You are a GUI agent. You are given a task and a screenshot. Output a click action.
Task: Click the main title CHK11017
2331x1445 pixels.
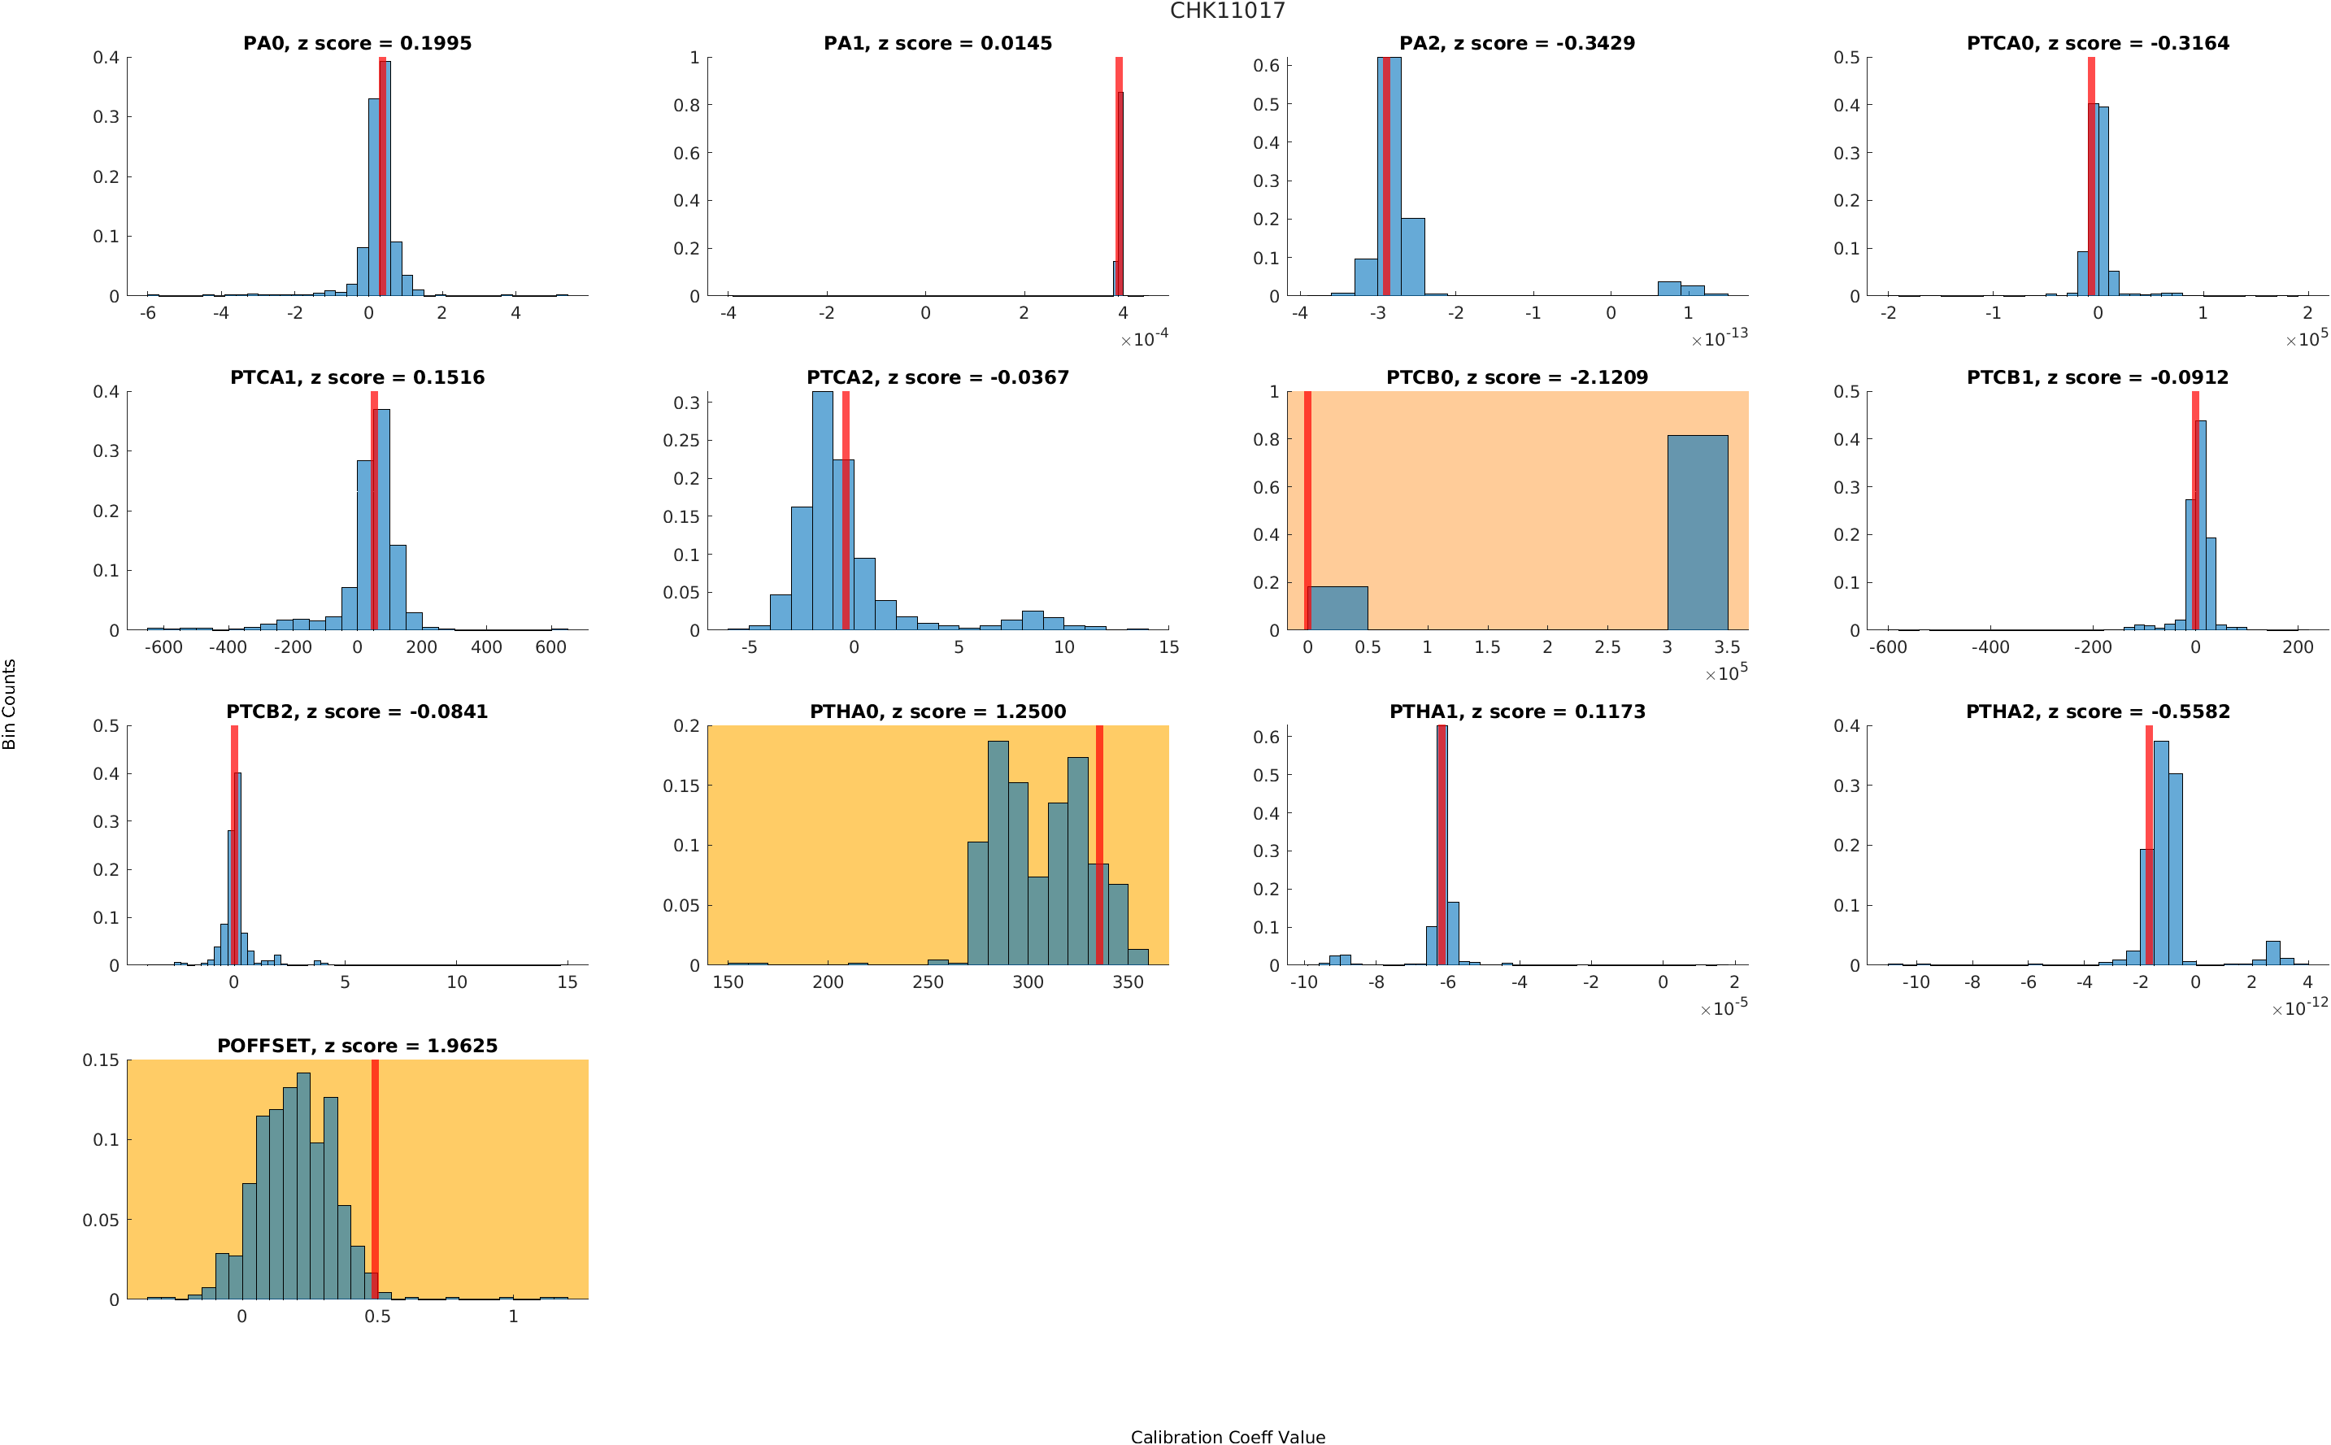coord(1227,11)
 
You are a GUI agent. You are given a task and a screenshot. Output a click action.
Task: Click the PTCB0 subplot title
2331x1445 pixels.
coord(1516,377)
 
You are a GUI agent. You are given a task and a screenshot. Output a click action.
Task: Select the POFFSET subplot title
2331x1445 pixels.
coord(357,1046)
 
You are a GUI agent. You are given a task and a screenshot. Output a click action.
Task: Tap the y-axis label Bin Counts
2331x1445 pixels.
coord(10,704)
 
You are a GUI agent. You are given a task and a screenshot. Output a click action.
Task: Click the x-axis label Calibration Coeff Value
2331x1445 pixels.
coord(1227,1436)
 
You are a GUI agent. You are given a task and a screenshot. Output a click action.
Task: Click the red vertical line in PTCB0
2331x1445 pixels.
coord(1307,511)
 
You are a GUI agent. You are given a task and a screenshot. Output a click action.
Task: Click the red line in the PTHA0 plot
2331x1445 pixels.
coord(1099,845)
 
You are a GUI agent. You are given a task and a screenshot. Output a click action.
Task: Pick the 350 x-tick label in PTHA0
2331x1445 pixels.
coord(1129,982)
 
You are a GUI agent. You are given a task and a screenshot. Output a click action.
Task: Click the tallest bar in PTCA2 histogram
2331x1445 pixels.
coord(823,511)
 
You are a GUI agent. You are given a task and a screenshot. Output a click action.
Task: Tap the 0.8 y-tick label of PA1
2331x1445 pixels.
coord(686,105)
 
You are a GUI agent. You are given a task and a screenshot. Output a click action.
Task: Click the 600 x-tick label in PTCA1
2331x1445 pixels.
coord(551,647)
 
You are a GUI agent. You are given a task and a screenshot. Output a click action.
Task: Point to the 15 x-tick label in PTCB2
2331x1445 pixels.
coord(568,982)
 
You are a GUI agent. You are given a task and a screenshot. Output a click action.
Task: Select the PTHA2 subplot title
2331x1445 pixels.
coord(2097,712)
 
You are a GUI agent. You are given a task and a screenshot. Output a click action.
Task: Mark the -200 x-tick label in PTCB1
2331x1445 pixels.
coord(2092,647)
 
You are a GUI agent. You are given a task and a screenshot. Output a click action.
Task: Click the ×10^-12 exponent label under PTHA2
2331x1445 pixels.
coord(2299,1007)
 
